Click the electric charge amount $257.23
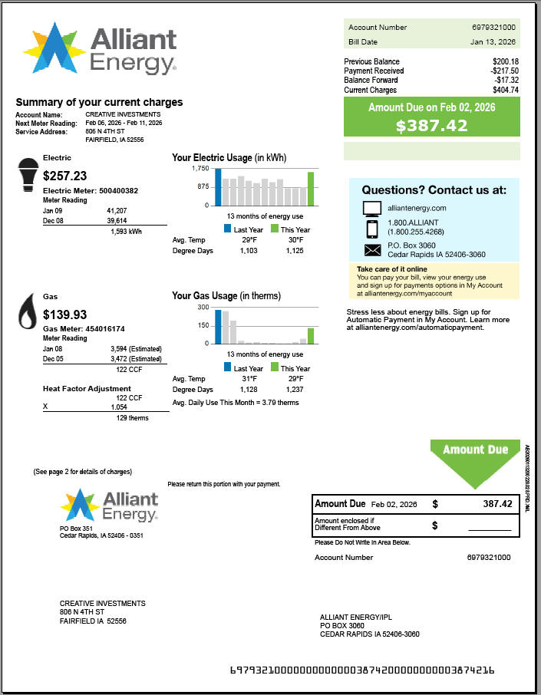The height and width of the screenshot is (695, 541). tap(64, 176)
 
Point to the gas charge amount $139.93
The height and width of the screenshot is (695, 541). tap(64, 315)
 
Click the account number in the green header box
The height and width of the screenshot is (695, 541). tap(493, 27)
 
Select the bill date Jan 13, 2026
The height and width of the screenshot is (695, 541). tap(493, 42)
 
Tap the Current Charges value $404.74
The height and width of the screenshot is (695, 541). tap(505, 90)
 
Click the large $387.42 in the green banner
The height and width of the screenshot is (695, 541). tap(431, 126)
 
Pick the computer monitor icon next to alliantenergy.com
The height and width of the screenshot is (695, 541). tap(372, 208)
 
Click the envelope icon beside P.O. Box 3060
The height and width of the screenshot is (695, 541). tap(372, 250)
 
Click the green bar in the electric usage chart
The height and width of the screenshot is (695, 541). tap(311, 189)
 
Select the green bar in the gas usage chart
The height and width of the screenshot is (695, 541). tap(311, 335)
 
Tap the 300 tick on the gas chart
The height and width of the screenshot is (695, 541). tap(203, 307)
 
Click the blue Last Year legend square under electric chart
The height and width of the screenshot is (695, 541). tap(228, 229)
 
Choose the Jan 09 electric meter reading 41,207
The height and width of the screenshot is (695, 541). tap(117, 209)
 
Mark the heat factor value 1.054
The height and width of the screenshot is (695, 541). tap(119, 407)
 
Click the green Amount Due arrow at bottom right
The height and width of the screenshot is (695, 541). tap(475, 460)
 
